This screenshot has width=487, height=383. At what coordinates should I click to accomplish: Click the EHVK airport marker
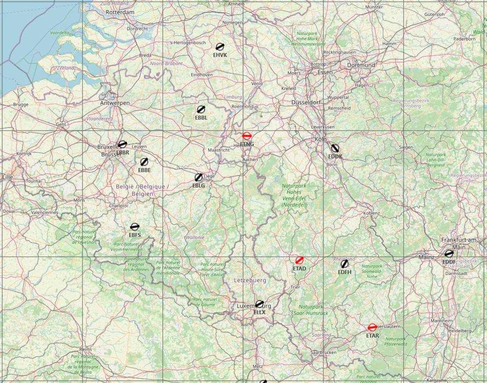[220, 47]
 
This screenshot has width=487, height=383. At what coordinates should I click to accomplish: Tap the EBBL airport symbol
[201, 109]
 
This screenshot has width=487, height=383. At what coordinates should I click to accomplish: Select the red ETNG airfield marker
[247, 136]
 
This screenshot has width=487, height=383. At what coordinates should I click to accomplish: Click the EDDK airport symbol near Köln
[335, 148]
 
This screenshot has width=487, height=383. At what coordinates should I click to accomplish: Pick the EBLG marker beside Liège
[199, 177]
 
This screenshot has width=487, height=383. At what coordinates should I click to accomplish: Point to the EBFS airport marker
[135, 227]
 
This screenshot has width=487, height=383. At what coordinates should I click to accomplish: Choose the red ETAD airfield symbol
[300, 260]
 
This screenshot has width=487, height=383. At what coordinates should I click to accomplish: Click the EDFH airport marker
[345, 263]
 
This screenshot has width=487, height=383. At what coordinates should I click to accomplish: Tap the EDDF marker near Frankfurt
[449, 254]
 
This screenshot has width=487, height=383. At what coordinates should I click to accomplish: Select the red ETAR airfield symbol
[372, 327]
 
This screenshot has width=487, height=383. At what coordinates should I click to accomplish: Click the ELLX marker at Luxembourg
[259, 304]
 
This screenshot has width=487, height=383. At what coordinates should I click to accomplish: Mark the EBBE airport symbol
[144, 162]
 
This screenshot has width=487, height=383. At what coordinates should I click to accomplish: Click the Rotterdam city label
[120, 12]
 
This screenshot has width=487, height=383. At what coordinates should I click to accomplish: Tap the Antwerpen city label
[115, 103]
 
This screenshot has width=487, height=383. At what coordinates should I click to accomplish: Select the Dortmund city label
[361, 65]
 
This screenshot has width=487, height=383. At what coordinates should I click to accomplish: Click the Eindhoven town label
[202, 75]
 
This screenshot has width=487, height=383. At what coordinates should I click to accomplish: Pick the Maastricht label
[219, 150]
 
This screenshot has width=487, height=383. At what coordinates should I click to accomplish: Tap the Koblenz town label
[371, 213]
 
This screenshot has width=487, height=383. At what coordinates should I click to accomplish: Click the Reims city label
[85, 349]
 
